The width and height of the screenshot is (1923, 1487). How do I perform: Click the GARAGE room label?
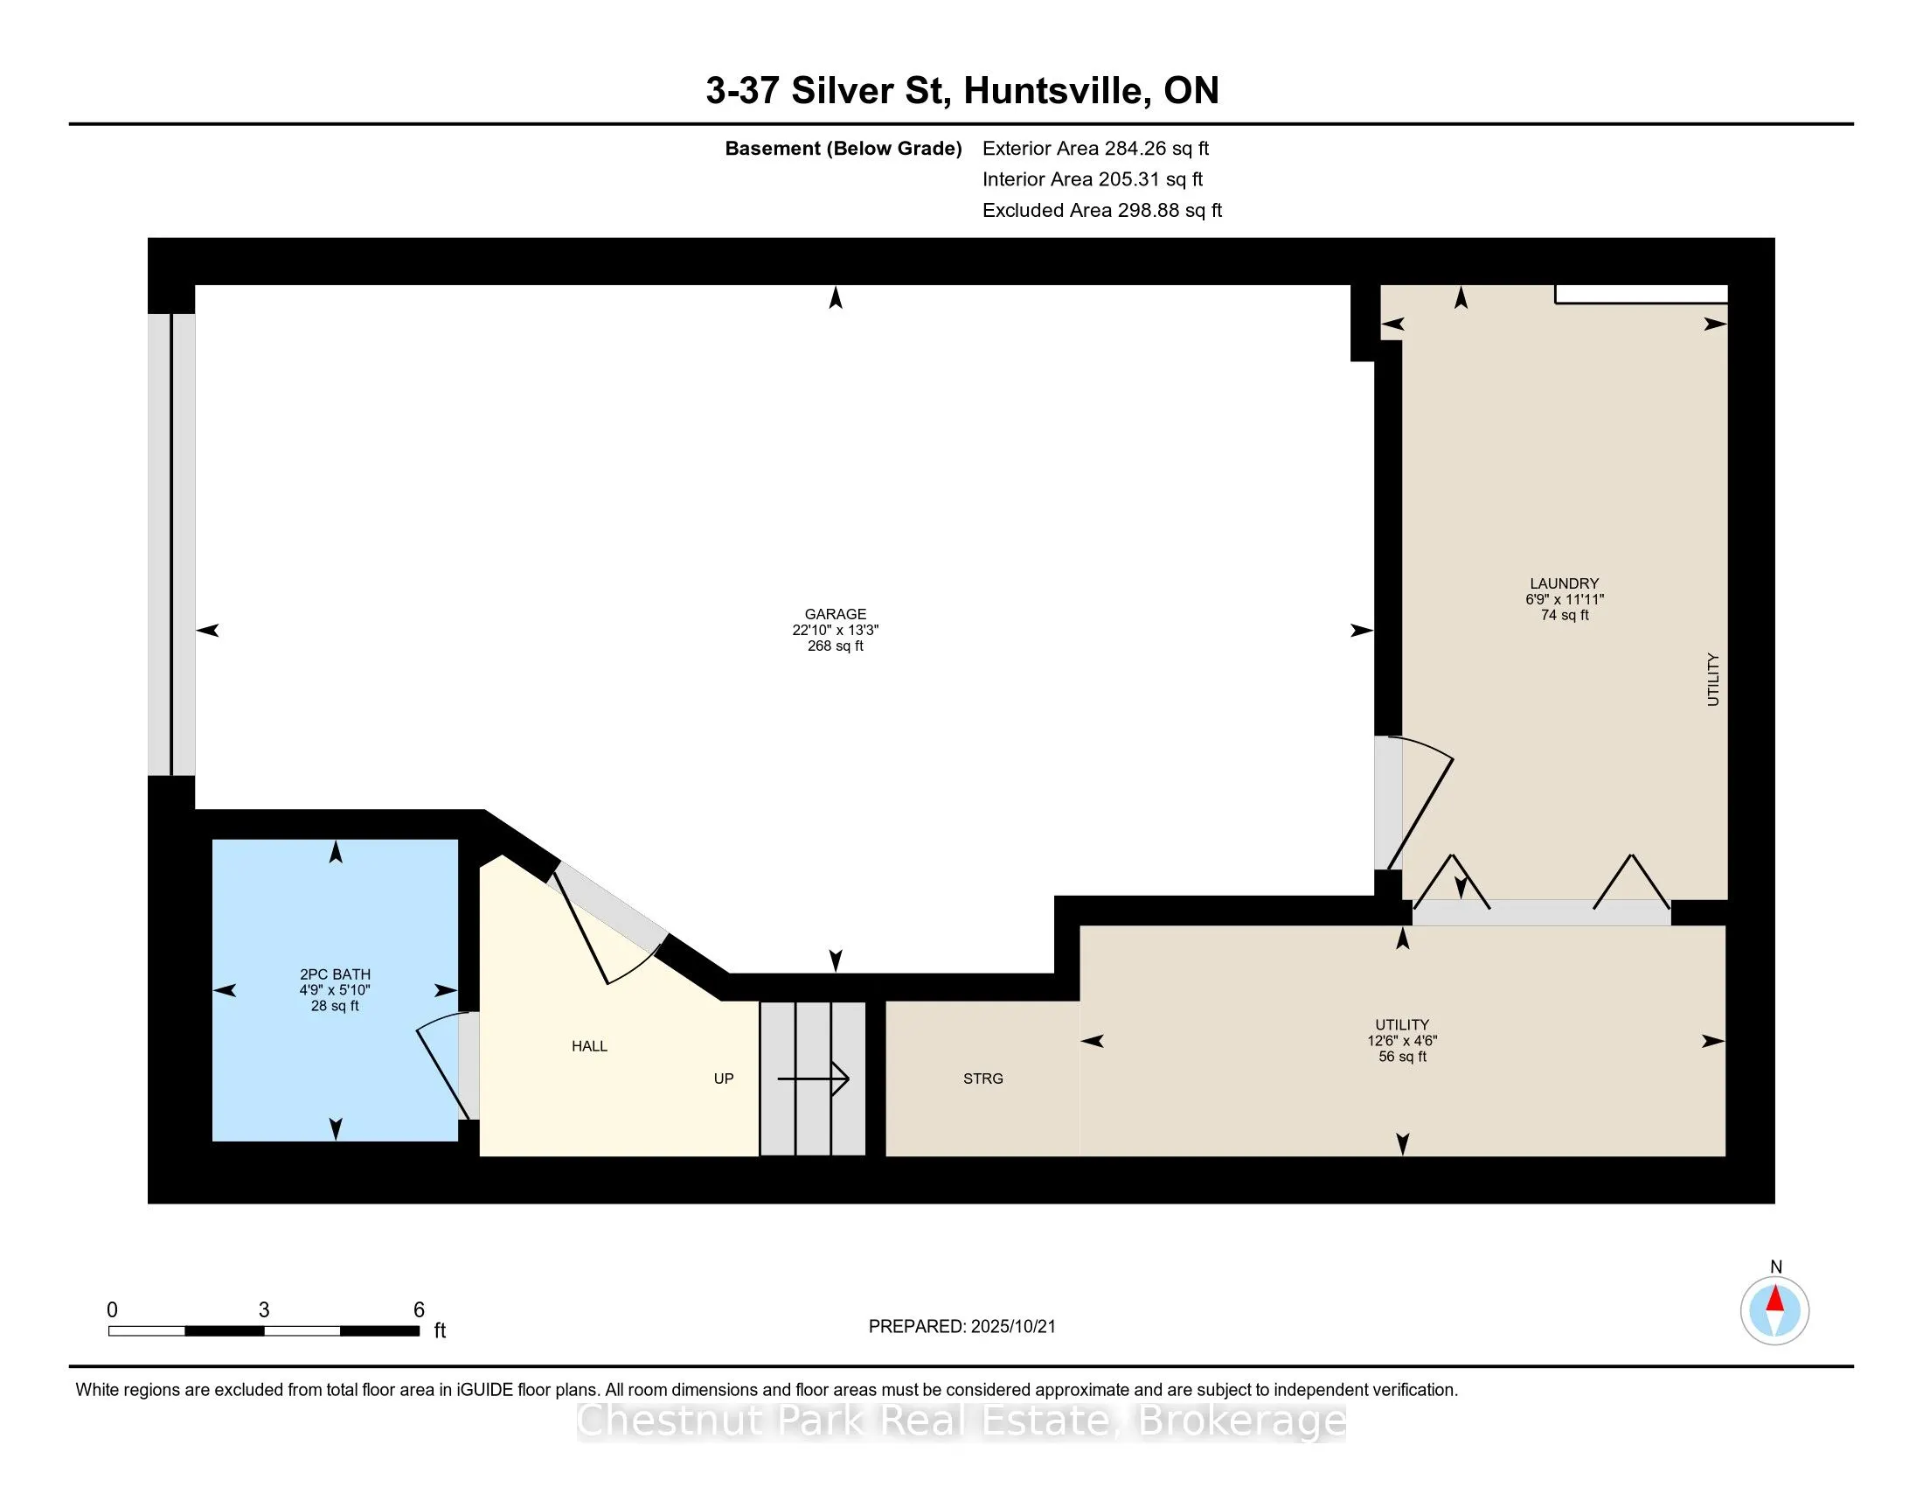tap(835, 614)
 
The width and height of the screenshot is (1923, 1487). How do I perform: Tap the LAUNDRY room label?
tap(1564, 583)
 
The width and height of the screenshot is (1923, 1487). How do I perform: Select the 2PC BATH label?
tap(335, 974)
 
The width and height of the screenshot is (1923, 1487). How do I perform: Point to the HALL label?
tap(589, 1045)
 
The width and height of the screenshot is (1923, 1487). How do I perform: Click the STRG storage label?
tap(982, 1079)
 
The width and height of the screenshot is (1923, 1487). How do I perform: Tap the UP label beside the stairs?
tap(723, 1079)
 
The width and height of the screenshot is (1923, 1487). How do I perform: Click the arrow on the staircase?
tap(813, 1079)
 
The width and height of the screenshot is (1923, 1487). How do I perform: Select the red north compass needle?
tap(1774, 1298)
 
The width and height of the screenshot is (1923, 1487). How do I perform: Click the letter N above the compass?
tap(1776, 1267)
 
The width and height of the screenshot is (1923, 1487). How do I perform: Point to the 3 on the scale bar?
tap(264, 1310)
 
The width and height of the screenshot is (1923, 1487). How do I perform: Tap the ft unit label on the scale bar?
tap(440, 1330)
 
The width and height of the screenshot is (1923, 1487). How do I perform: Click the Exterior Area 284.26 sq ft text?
tap(1095, 149)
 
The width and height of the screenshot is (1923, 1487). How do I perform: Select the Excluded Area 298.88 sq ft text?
tap(1102, 211)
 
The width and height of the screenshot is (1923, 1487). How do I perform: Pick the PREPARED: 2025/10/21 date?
tap(961, 1327)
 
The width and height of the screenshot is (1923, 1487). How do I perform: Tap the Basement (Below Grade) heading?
tap(843, 149)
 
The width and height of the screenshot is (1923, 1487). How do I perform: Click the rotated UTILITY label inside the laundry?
tap(1712, 679)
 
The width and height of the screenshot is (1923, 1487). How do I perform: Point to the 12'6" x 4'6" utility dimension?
tap(1402, 1040)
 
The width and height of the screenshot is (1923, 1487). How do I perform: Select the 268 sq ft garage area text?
tap(835, 646)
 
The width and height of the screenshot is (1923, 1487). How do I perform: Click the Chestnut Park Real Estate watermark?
tap(961, 1420)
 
